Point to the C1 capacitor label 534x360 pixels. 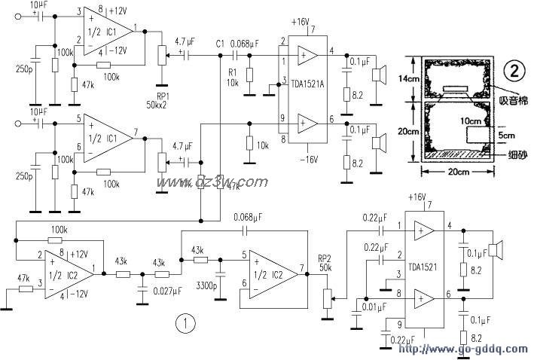click(219, 44)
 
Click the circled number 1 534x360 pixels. click(186, 324)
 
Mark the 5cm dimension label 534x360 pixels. click(506, 136)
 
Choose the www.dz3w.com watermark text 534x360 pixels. click(212, 182)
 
